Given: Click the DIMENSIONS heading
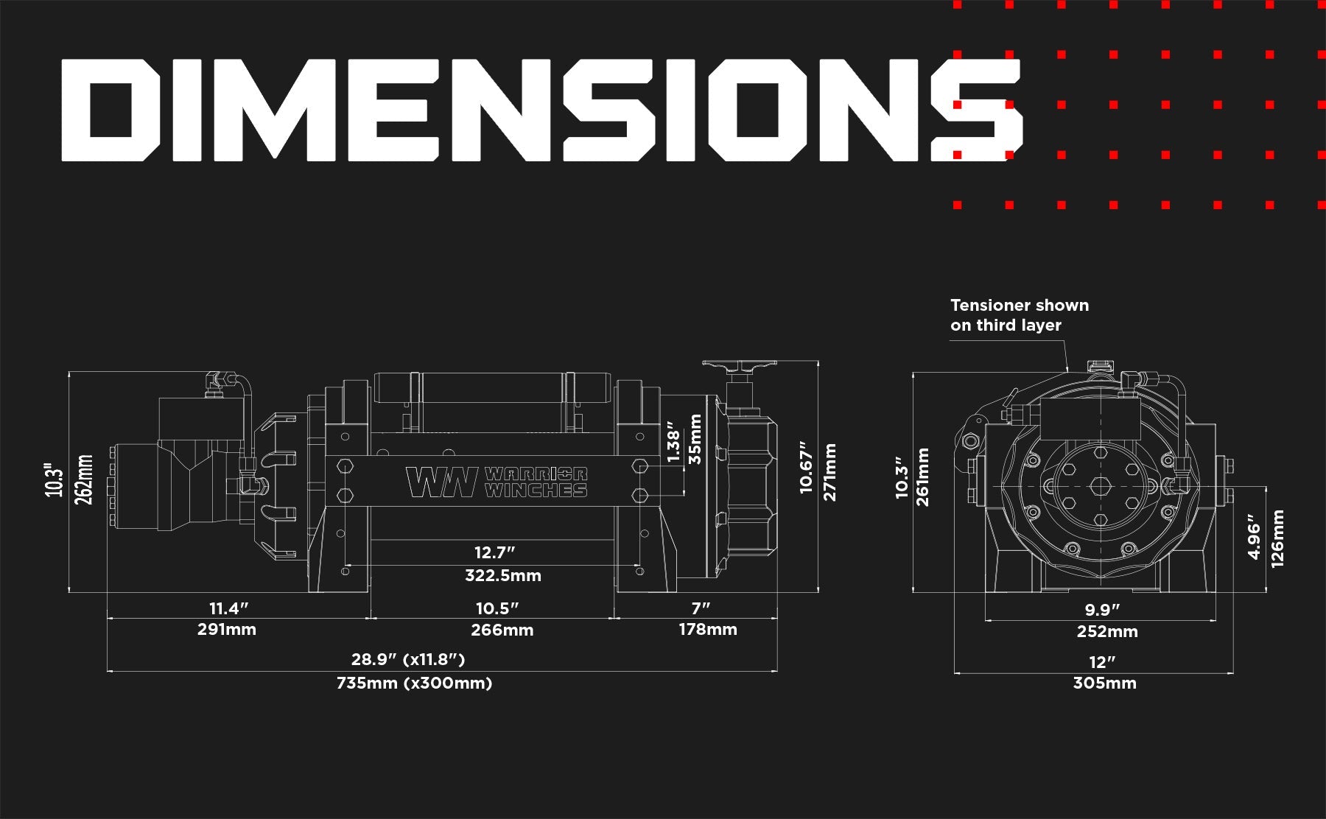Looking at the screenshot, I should point(541,110).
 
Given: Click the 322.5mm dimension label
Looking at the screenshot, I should point(502,576).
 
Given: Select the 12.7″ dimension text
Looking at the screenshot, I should point(494,552).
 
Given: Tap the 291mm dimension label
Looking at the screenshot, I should point(227,630).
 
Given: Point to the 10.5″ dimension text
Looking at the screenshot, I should point(497,608).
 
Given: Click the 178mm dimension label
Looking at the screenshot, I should point(707,630).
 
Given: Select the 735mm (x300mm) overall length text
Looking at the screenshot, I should point(414,683).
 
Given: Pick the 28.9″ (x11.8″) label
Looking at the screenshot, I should point(408,659).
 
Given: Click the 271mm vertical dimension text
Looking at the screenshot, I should point(830,472).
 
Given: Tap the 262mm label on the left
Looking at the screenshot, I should point(85,479).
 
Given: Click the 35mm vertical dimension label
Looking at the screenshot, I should point(695,440).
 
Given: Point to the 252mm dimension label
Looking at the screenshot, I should point(1107,632).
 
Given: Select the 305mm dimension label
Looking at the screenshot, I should point(1104,683).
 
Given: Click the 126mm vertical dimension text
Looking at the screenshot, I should point(1278,538).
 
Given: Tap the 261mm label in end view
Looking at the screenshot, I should point(922,477).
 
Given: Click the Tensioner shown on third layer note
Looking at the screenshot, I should point(1019,315).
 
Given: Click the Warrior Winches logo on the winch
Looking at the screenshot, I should point(497,482).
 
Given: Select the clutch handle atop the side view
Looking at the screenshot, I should point(739,365).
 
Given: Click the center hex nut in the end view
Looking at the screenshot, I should point(1101,487).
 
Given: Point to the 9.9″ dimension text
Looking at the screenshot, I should point(1102,610).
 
